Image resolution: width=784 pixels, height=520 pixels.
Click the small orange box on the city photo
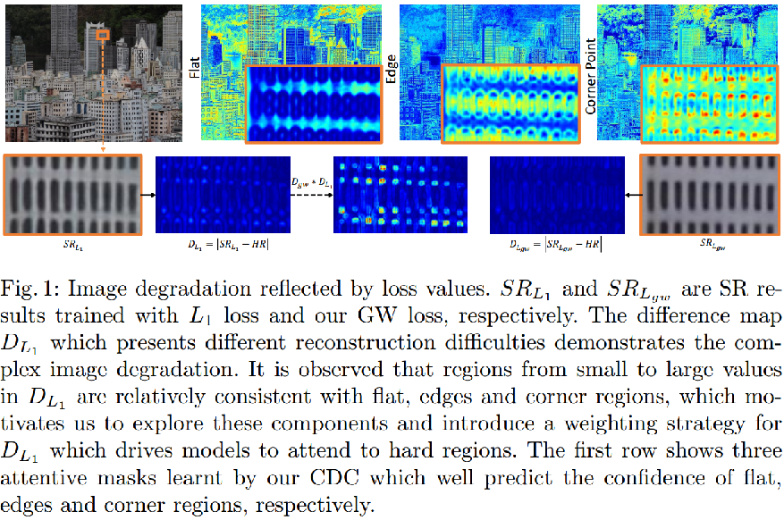click(x=104, y=34)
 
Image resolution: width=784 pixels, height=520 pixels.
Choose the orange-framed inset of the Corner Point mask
click(x=708, y=104)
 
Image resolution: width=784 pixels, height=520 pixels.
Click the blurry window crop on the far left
click(x=72, y=195)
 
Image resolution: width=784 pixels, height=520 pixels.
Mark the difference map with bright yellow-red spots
click(x=400, y=195)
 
